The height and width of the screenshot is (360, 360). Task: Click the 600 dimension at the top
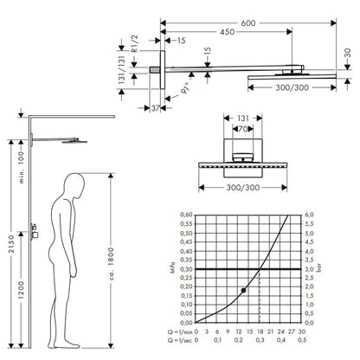(248, 22)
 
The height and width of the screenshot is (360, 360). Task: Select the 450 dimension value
(228, 32)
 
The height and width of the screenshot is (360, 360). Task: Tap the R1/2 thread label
(135, 43)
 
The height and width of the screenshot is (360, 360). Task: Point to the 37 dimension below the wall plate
(156, 108)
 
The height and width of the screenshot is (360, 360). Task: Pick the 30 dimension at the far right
(348, 54)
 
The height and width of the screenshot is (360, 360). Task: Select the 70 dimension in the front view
(243, 129)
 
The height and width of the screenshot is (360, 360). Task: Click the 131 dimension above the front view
(243, 119)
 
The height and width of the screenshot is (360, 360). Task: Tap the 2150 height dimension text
(11, 244)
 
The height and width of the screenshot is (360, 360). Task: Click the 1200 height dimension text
(21, 290)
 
